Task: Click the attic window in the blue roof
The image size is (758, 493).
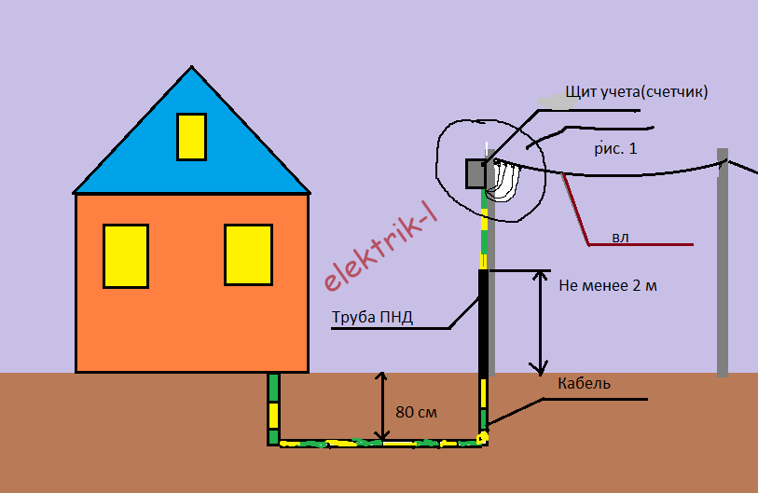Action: pos(191,136)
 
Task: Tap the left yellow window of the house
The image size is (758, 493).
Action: pos(126,254)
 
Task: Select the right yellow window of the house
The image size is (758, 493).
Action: pos(248,254)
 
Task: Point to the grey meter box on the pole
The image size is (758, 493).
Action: pos(476,172)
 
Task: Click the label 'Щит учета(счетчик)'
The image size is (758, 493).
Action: pos(637,92)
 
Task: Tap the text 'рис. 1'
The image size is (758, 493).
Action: pos(615,147)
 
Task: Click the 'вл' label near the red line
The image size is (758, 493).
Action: pos(620,238)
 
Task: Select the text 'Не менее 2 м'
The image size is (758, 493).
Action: pos(608,285)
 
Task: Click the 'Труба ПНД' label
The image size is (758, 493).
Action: pos(372,318)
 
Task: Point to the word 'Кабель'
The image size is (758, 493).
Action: pos(584,383)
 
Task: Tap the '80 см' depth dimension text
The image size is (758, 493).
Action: pos(416,411)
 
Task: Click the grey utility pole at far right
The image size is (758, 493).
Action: pos(723,270)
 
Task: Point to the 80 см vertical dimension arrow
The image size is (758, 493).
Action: pos(380,405)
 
